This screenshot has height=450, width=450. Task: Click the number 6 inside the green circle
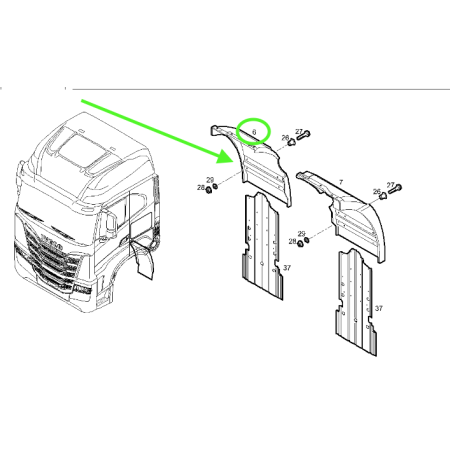254,131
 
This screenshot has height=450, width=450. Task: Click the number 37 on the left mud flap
286,268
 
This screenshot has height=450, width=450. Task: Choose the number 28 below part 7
293,242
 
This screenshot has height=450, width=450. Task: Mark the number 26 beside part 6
284,138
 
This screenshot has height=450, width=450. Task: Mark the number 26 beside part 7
375,193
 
